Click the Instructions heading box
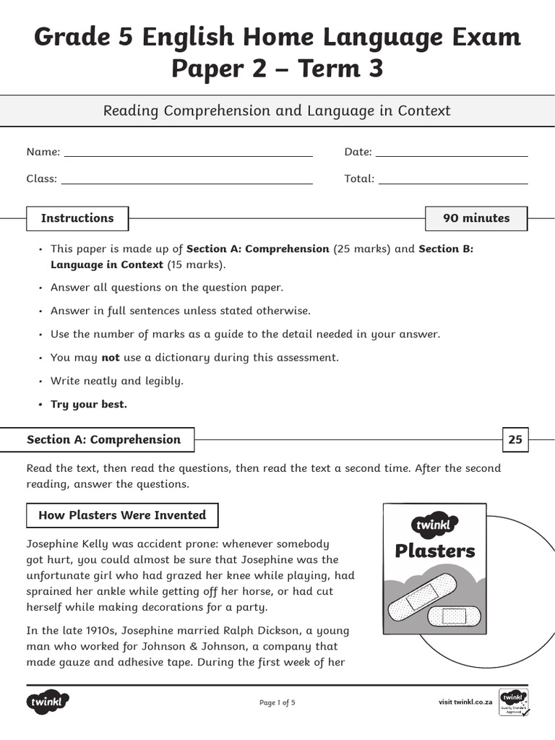coord(77,218)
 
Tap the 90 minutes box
coord(476,218)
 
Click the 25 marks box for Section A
coord(515,439)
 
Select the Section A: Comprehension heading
coord(103,439)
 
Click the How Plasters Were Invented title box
coord(122,515)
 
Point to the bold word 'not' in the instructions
coord(110,357)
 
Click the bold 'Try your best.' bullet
coord(88,404)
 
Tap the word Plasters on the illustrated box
coord(435,551)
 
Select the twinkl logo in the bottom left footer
coord(48,701)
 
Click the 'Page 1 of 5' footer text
coord(277,702)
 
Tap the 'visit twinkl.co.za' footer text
coord(465,702)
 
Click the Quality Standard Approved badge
coord(514,702)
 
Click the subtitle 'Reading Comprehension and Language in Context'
coord(277,111)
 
